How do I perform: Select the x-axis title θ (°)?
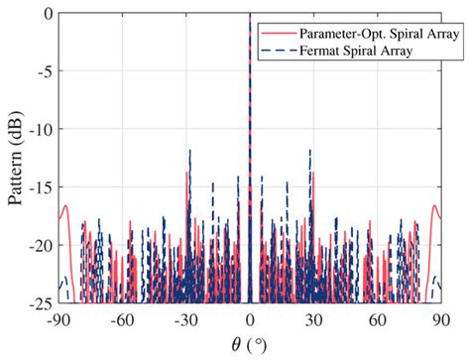click(249, 343)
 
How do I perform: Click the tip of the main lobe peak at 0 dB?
click(249, 15)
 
